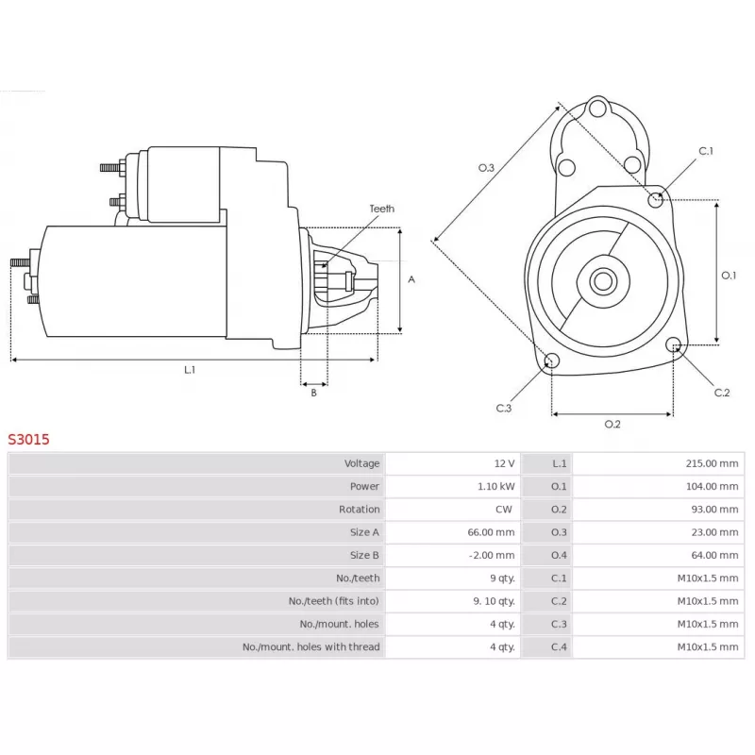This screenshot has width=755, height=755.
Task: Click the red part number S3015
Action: pyautogui.click(x=29, y=439)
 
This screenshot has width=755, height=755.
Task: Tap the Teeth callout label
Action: pyautogui.click(x=381, y=209)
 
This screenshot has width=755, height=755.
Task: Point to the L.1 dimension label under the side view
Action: pyautogui.click(x=190, y=370)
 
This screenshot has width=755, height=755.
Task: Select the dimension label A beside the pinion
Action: pyautogui.click(x=411, y=279)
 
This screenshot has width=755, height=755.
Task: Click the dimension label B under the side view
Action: pyautogui.click(x=313, y=393)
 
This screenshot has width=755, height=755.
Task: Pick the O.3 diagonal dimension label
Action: pyautogui.click(x=486, y=167)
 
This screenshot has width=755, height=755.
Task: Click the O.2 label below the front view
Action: pyautogui.click(x=612, y=424)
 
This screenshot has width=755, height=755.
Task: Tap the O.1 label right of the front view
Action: pyautogui.click(x=729, y=275)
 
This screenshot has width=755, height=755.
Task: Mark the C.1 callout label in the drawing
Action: pyautogui.click(x=706, y=151)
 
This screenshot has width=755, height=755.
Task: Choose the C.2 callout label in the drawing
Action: pyautogui.click(x=722, y=393)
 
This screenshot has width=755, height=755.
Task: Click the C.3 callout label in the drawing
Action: pyautogui.click(x=503, y=408)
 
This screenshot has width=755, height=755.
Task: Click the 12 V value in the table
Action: pyautogui.click(x=504, y=463)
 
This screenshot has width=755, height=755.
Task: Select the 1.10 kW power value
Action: pyautogui.click(x=496, y=486)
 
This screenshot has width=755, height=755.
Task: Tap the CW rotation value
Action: pyautogui.click(x=505, y=510)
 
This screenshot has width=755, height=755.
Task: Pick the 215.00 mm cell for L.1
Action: pyautogui.click(x=713, y=463)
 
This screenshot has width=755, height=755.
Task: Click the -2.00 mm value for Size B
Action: pyautogui.click(x=493, y=555)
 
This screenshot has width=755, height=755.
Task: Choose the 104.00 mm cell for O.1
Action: pyautogui.click(x=713, y=486)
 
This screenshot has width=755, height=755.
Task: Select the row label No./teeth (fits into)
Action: pyautogui.click(x=334, y=601)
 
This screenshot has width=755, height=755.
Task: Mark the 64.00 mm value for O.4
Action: pyautogui.click(x=715, y=555)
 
